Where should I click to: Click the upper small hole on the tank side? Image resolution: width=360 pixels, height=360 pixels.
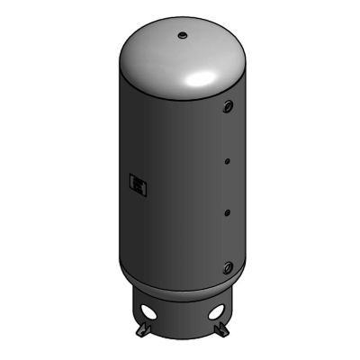tap(227, 162)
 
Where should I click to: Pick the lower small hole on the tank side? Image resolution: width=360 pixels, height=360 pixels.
tap(227, 212)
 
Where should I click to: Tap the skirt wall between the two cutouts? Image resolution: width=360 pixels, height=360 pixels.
tap(183, 319)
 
